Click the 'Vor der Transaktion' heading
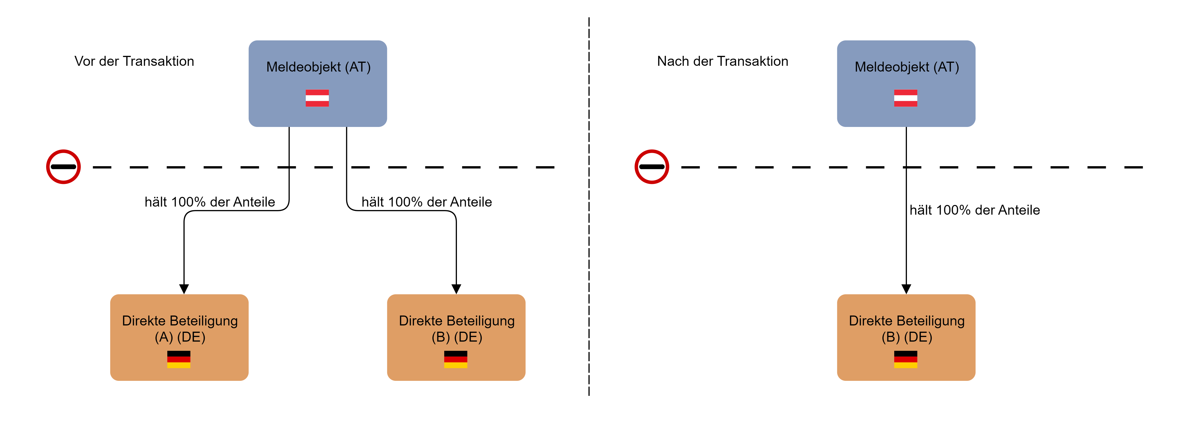pyautogui.click(x=134, y=61)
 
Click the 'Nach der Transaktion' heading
pyautogui.click(x=723, y=61)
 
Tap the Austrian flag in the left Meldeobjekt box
pyautogui.click(x=317, y=98)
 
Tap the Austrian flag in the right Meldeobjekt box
pyautogui.click(x=906, y=98)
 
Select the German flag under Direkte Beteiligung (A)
pyautogui.click(x=179, y=359)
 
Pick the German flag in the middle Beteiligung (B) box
pyautogui.click(x=456, y=359)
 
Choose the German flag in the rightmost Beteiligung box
pyautogui.click(x=906, y=359)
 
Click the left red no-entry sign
pyautogui.click(x=63, y=167)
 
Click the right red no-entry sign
pyautogui.click(x=652, y=167)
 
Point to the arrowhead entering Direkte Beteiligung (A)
pyautogui.click(x=184, y=289)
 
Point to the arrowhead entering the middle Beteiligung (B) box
pyautogui.click(x=456, y=289)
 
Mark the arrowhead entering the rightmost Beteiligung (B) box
pyautogui.click(x=906, y=289)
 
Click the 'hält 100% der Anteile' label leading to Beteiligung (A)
pyautogui.click(x=210, y=202)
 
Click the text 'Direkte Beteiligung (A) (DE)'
pyautogui.click(x=180, y=329)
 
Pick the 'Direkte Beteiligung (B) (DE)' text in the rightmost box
pyautogui.click(x=906, y=329)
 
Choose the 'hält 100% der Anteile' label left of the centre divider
pyautogui.click(x=427, y=202)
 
